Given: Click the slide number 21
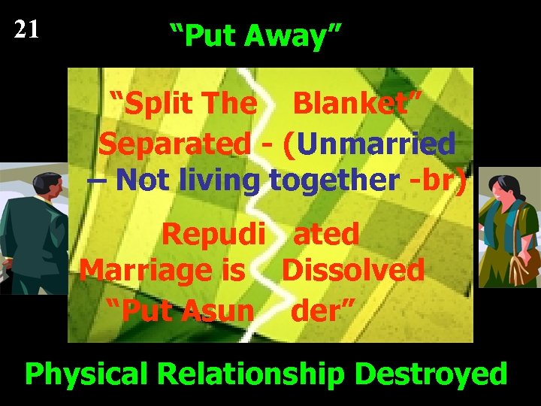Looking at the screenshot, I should (x=26, y=30).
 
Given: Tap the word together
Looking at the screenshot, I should (x=334, y=180).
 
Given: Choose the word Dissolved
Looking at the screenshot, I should (x=352, y=269).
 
